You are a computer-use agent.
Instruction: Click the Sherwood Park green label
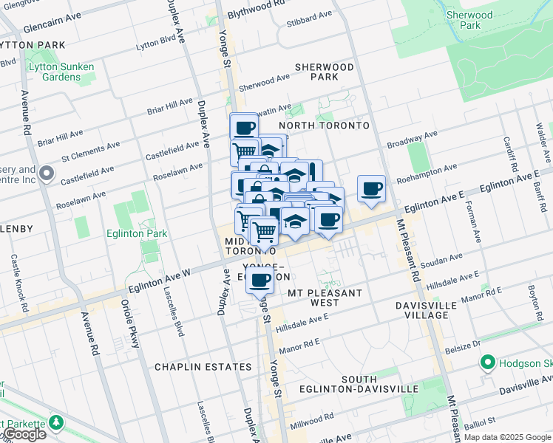pyautogui.click(x=469, y=20)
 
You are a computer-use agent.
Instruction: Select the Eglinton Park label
pyautogui.click(x=140, y=234)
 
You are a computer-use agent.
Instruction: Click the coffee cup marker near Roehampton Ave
pyautogui.click(x=371, y=188)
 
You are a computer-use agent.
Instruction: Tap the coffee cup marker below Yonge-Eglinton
pyautogui.click(x=259, y=281)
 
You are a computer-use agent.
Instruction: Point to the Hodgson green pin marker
pyautogui.click(x=487, y=363)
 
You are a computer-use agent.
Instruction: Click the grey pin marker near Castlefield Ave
pyautogui.click(x=47, y=175)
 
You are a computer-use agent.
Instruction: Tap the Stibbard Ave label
pyautogui.click(x=311, y=16)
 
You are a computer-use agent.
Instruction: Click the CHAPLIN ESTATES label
pyautogui.click(x=203, y=367)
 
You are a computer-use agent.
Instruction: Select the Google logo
pyautogui.click(x=24, y=435)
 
